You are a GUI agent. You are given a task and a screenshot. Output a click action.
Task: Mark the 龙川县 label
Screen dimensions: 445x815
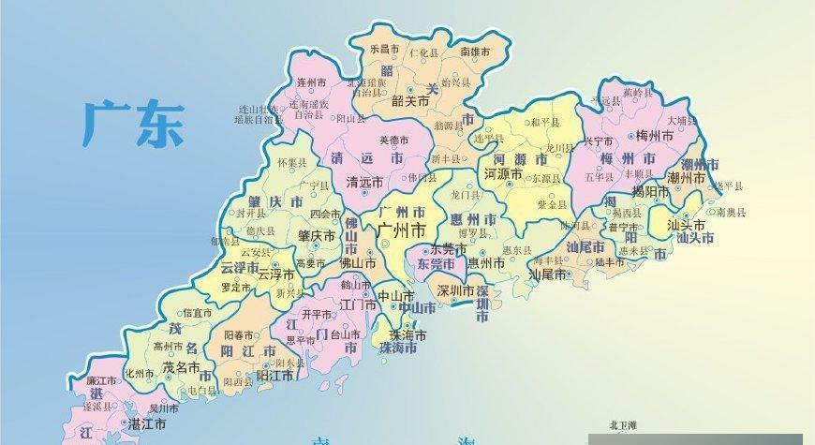(x=559, y=148)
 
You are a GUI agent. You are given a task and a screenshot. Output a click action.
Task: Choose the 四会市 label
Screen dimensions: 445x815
(x=325, y=215)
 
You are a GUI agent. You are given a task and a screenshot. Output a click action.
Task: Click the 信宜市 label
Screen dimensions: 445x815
(x=198, y=313)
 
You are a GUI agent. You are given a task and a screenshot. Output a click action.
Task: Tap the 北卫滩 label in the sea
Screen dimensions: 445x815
(x=622, y=425)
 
